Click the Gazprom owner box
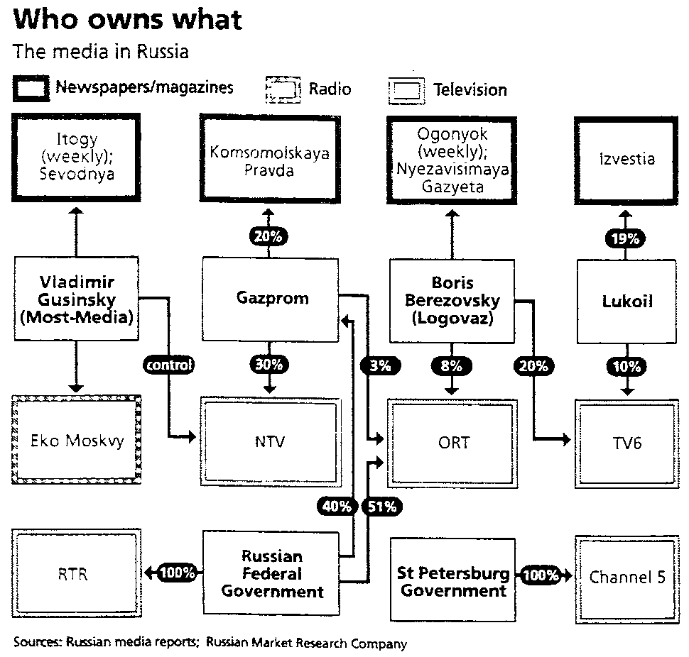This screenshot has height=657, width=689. coord(273,299)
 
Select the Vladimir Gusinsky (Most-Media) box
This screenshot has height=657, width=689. coord(77,299)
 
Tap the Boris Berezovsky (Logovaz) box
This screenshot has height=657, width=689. coord(452,300)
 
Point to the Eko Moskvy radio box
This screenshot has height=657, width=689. coord(77,441)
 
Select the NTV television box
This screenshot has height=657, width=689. coord(269,441)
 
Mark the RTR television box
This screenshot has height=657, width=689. coord(73,573)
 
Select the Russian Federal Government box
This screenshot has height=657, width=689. coord(271,573)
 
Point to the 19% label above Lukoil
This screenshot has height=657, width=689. coord(625,240)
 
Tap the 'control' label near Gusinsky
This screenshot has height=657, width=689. coord(168,365)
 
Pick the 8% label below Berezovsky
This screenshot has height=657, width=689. coord(451,365)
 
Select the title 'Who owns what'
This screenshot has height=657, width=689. coord(127,19)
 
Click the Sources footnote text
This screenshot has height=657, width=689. coord(210,644)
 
